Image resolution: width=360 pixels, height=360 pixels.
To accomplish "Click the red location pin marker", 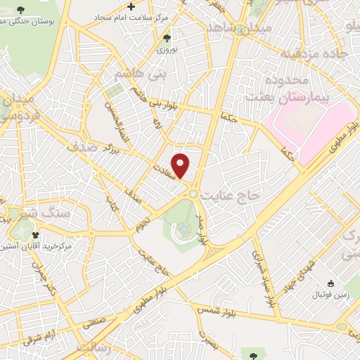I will [x=181, y=166].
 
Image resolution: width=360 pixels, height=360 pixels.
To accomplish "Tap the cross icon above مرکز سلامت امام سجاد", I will [x=131, y=5].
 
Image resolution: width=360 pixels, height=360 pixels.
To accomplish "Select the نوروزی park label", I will [x=166, y=50].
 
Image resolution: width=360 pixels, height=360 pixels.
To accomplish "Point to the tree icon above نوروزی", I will [x=166, y=38].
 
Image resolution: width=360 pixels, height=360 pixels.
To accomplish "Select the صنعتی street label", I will [x=96, y=324].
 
